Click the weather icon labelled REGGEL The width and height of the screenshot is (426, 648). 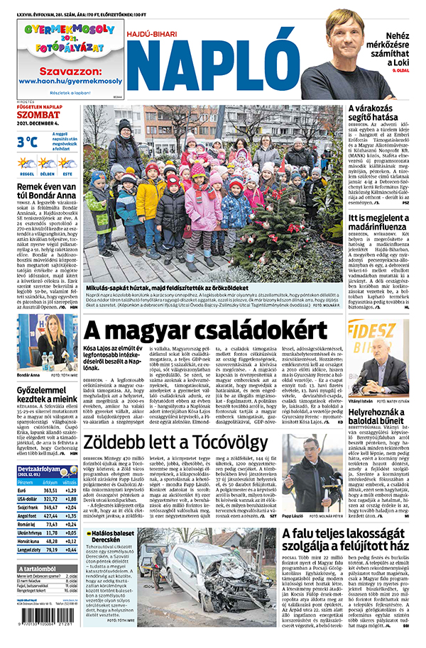click(x=26, y=164)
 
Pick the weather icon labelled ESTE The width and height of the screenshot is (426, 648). click(x=67, y=164)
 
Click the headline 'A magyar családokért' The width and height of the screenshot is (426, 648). click(x=206, y=331)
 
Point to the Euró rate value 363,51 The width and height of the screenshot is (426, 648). click(x=50, y=491)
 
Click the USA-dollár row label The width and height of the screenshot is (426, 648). click(x=28, y=498)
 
